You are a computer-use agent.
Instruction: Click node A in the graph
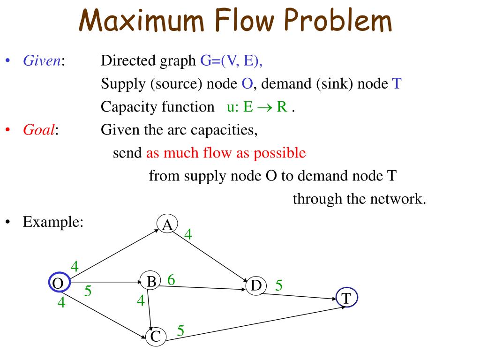tap(167, 225)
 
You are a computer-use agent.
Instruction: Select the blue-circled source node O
tap(59, 283)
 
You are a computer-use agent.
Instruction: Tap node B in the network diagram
tap(151, 282)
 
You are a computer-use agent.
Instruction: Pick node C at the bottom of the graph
tap(156, 336)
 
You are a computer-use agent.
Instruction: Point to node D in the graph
tap(256, 285)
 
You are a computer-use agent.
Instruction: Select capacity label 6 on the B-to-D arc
tap(171, 280)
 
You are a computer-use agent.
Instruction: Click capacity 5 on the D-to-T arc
tap(279, 285)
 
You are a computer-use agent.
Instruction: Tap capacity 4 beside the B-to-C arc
tap(141, 300)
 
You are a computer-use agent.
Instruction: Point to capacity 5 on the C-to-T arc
tap(180, 331)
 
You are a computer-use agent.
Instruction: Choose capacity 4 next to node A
tap(188, 234)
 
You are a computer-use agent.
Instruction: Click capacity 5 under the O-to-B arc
tap(87, 292)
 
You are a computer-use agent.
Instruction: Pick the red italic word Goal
tap(39, 130)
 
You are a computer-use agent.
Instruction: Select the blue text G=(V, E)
tap(230, 61)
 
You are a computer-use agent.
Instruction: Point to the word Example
tap(53, 222)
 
